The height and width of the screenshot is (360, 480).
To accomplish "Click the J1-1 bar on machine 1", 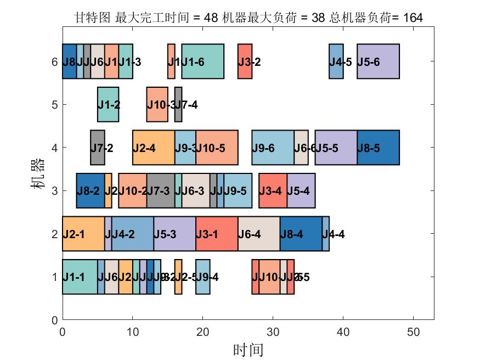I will tap(80, 277).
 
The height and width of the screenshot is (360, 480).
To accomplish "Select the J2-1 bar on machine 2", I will tap(83, 234).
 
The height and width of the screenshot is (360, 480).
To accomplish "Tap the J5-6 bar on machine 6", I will tap(378, 61).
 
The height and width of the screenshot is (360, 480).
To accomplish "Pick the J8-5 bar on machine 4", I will tap(378, 147).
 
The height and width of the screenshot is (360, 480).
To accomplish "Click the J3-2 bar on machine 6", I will tap(245, 61).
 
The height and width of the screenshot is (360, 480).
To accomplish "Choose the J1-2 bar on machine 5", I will tap(108, 104).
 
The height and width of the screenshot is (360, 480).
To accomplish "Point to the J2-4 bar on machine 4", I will tap(154, 147).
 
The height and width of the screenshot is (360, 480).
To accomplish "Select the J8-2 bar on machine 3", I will tap(91, 190).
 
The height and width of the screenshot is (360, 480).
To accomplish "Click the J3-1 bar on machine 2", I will tap(217, 234).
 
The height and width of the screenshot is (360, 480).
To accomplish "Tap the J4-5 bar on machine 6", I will tap(336, 61).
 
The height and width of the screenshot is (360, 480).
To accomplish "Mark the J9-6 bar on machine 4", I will tap(273, 147).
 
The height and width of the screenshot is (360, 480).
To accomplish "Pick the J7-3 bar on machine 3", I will tap(161, 190).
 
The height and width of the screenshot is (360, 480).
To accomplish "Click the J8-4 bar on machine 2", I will tap(301, 234).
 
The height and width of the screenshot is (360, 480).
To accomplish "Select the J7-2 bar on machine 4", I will tap(98, 147).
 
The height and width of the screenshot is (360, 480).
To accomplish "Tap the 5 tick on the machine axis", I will tap(54, 104).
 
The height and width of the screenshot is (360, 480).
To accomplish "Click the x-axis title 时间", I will tap(248, 350).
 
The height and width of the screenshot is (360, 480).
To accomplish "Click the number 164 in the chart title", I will tap(413, 18).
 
